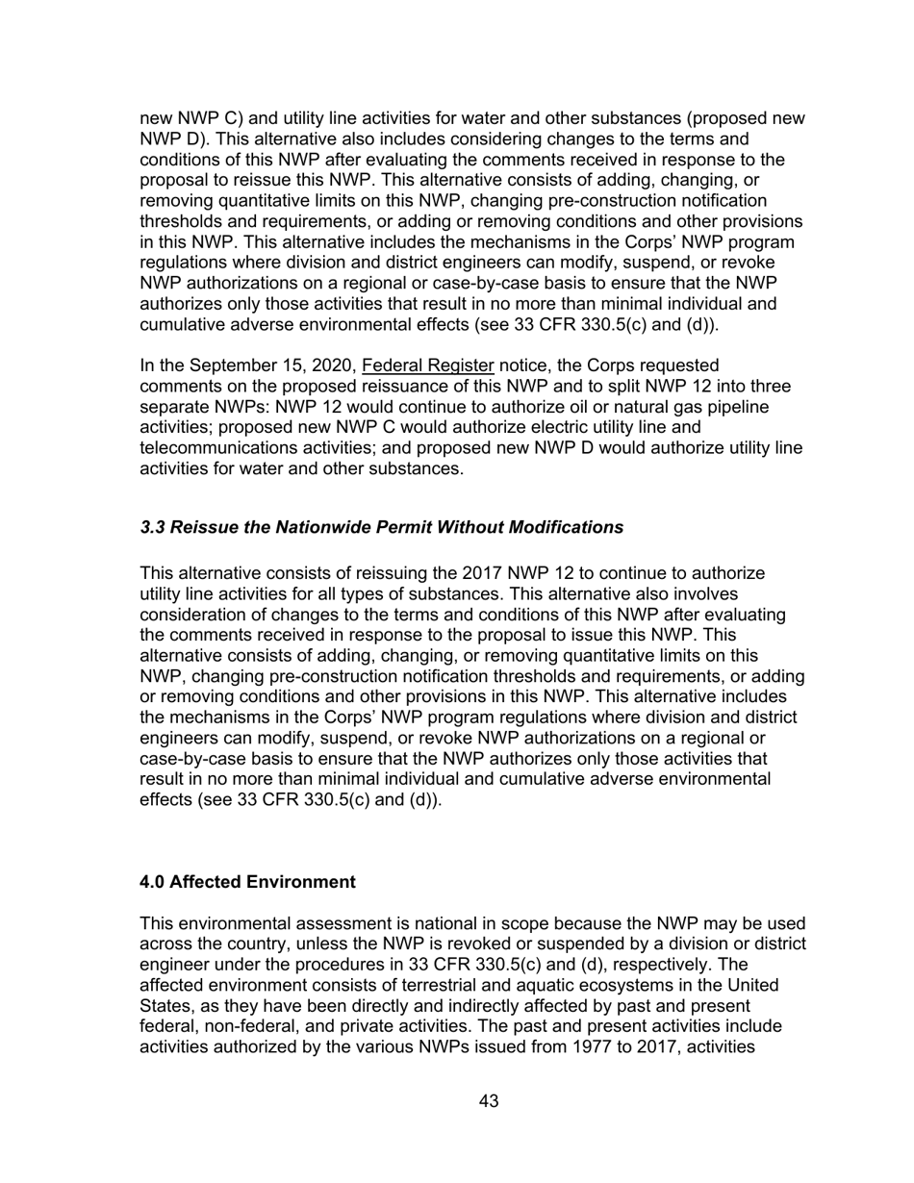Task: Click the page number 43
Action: [x=488, y=1101]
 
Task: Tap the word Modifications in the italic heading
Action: [x=569, y=527]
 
